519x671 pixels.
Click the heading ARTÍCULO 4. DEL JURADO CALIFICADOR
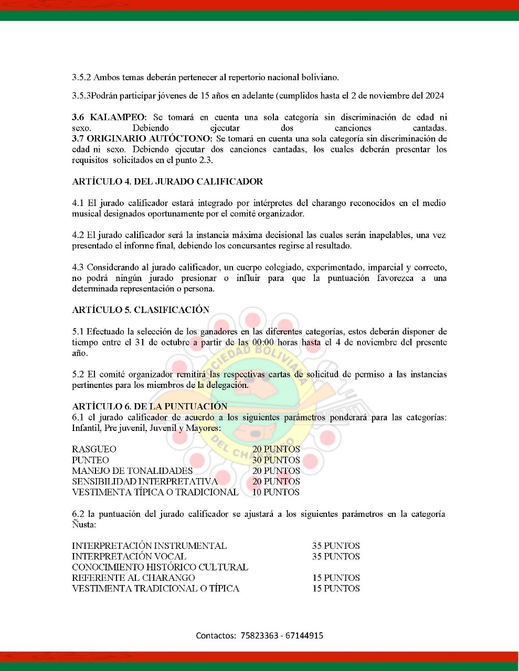167,181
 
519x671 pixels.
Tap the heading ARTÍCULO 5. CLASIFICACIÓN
141,310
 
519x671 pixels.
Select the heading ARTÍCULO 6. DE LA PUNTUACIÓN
150,406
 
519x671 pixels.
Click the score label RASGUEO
94,449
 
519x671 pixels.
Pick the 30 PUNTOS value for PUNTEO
276,460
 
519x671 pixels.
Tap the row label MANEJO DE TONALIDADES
132,471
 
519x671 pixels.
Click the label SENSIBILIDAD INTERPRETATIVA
145,481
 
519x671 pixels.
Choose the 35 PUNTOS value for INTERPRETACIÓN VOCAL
336,556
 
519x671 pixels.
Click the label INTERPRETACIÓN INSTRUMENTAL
149,546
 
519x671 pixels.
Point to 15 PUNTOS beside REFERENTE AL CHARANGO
336,578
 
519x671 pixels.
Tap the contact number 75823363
259,635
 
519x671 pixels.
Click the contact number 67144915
304,635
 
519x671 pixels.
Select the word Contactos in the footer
216,635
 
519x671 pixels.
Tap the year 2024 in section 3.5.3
435,95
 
